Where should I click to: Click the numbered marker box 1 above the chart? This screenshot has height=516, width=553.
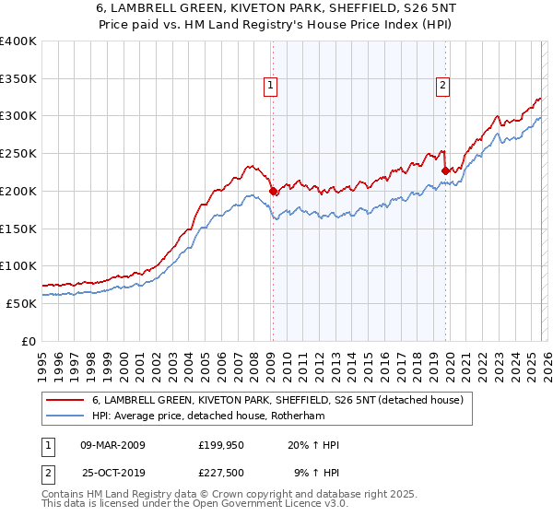point(272,86)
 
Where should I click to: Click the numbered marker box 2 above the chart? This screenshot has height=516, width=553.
point(443,86)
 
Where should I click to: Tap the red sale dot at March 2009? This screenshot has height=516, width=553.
point(273,192)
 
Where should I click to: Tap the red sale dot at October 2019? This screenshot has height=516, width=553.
point(445,170)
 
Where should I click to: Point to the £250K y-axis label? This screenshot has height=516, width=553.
point(18,154)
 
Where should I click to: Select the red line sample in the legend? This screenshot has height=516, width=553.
point(65,400)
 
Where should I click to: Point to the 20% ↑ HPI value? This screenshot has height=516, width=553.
point(314,446)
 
